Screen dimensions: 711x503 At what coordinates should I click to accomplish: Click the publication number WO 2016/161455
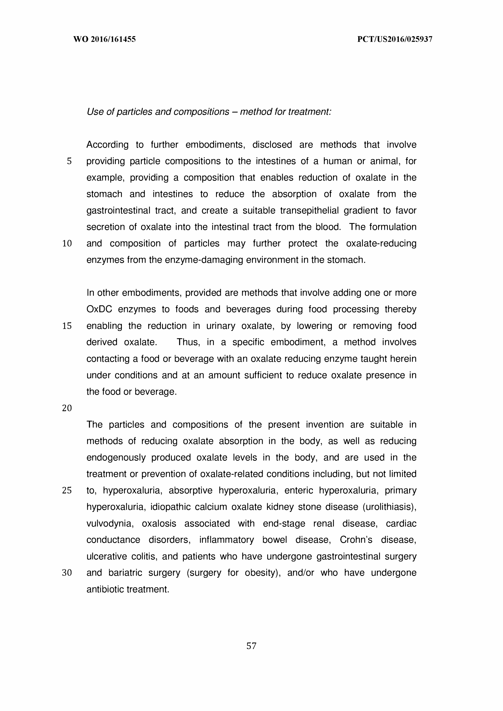pyautogui.click(x=104, y=39)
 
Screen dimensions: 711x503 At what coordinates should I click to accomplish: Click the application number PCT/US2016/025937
pyautogui.click(x=395, y=39)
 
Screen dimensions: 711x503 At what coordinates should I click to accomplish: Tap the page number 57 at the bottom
pyautogui.click(x=251, y=646)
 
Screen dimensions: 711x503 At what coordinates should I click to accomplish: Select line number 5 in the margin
pyautogui.click(x=69, y=161)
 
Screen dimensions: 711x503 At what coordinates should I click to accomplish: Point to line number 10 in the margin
pyautogui.click(x=67, y=244)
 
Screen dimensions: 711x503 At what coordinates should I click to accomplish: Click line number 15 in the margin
pyautogui.click(x=67, y=326)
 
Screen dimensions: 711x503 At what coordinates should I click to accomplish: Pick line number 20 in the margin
pyautogui.click(x=67, y=408)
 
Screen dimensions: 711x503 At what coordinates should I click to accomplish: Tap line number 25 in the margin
pyautogui.click(x=67, y=490)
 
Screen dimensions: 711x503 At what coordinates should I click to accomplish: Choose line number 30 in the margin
pyautogui.click(x=67, y=573)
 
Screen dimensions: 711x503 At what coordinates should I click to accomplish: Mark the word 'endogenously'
pyautogui.click(x=116, y=457)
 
